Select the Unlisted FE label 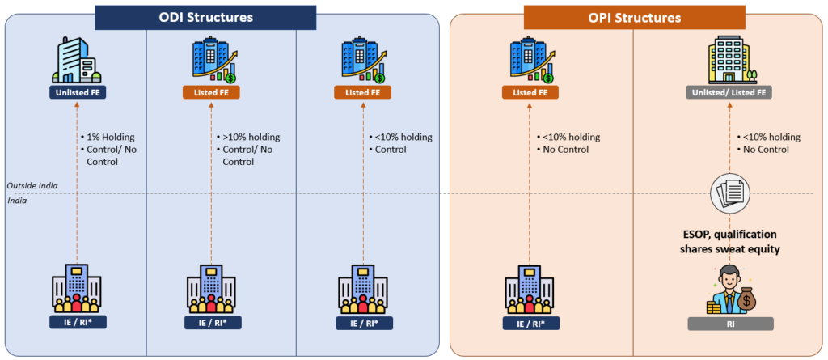click(x=77, y=93)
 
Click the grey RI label click(x=730, y=324)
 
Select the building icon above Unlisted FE click(x=77, y=57)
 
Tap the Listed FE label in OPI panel click(x=530, y=93)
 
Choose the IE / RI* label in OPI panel click(x=530, y=324)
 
